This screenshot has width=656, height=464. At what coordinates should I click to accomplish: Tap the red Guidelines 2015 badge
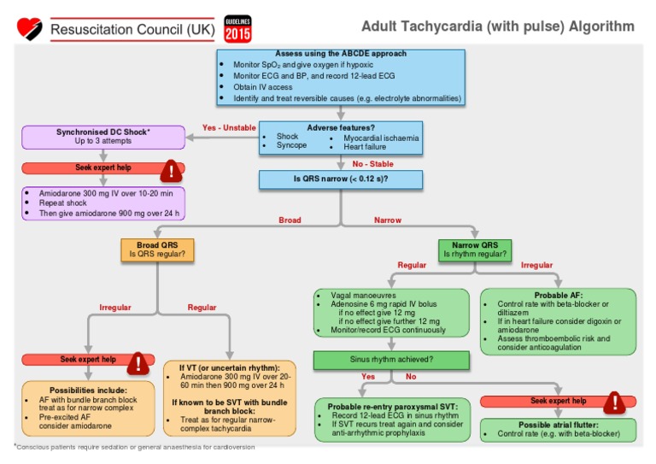click(x=237, y=29)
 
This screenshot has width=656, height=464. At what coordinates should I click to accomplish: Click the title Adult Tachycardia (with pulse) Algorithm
click(x=497, y=26)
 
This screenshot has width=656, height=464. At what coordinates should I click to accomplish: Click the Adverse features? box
click(x=340, y=137)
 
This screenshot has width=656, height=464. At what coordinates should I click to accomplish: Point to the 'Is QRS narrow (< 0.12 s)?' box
click(x=340, y=179)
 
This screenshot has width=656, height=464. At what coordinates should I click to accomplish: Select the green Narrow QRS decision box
click(x=475, y=250)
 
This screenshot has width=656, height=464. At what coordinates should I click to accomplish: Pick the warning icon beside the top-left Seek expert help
click(x=172, y=170)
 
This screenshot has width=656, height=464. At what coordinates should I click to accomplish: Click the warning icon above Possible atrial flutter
click(x=614, y=402)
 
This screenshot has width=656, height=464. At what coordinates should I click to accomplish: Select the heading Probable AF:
click(x=559, y=295)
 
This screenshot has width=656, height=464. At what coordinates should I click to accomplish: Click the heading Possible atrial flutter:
click(x=558, y=424)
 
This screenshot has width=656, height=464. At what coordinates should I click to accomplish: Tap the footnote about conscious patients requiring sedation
click(x=134, y=447)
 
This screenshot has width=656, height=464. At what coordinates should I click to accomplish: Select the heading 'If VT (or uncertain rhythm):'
click(x=229, y=367)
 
